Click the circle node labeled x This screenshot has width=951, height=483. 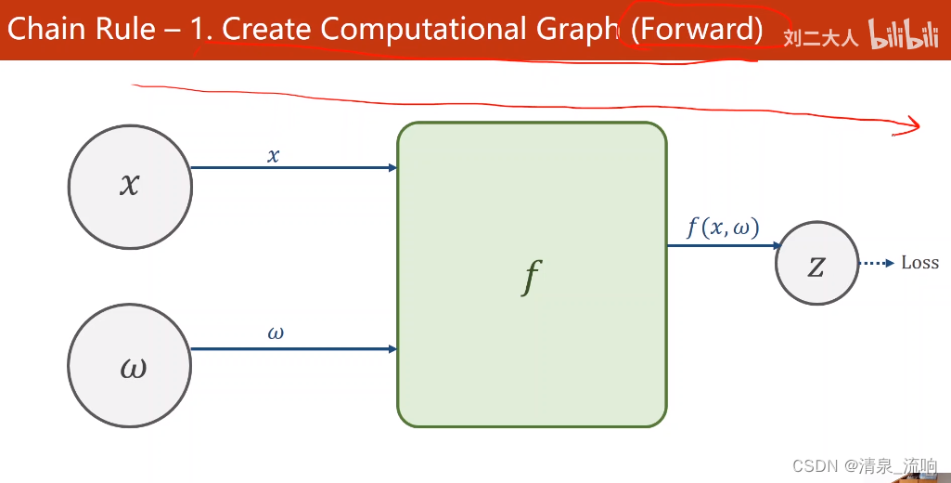point(130,186)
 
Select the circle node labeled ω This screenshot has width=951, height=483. point(130,368)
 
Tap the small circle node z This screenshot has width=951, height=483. point(816,264)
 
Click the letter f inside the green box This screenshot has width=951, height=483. point(531,276)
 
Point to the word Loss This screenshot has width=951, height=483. point(919,263)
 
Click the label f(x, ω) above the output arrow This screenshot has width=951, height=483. point(722,228)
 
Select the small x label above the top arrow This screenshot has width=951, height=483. point(273,156)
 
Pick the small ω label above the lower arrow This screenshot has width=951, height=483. point(276,333)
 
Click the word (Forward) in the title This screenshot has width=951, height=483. point(697,30)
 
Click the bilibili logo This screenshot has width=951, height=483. point(910,36)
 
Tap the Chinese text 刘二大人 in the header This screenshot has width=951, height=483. point(821,38)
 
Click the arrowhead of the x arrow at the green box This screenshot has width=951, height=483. point(393,168)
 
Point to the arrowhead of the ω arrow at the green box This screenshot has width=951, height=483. point(393,349)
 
